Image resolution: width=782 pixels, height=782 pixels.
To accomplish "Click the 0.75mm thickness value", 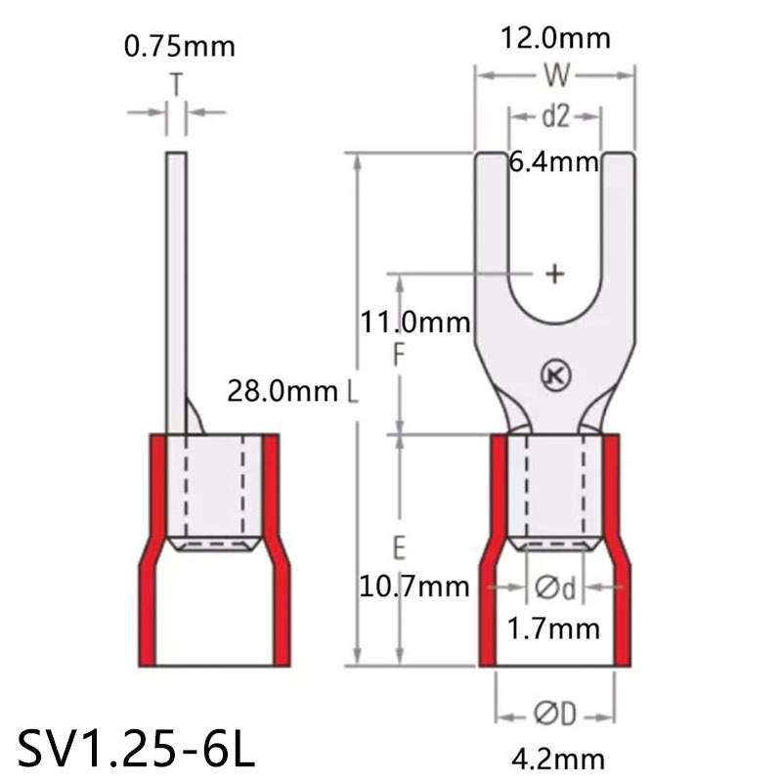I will click(180, 47).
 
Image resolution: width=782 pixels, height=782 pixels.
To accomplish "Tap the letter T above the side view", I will click(176, 86).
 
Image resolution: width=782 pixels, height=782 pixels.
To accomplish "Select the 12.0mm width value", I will click(555, 38).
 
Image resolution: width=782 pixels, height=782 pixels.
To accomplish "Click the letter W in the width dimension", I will click(555, 75).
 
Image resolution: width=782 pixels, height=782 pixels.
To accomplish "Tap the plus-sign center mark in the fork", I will click(554, 274).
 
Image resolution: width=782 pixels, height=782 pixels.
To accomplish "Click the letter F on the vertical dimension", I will click(398, 357).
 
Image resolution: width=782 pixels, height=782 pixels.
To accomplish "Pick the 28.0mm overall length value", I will click(283, 392).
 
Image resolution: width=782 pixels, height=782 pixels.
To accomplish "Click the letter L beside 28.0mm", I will click(353, 392).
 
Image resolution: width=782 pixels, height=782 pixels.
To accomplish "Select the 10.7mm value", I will click(413, 587).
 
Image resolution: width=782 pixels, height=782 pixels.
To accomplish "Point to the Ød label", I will click(554, 587).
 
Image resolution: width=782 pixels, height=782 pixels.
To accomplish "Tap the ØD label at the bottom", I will click(554, 716).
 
